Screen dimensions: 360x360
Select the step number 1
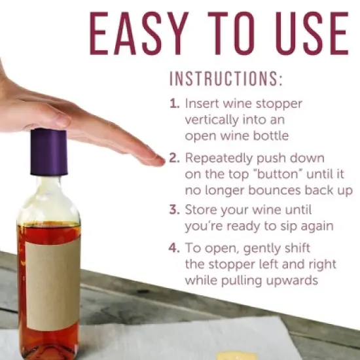point(173,103)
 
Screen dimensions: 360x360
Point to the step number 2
point(173,158)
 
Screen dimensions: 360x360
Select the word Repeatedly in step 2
point(215,158)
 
